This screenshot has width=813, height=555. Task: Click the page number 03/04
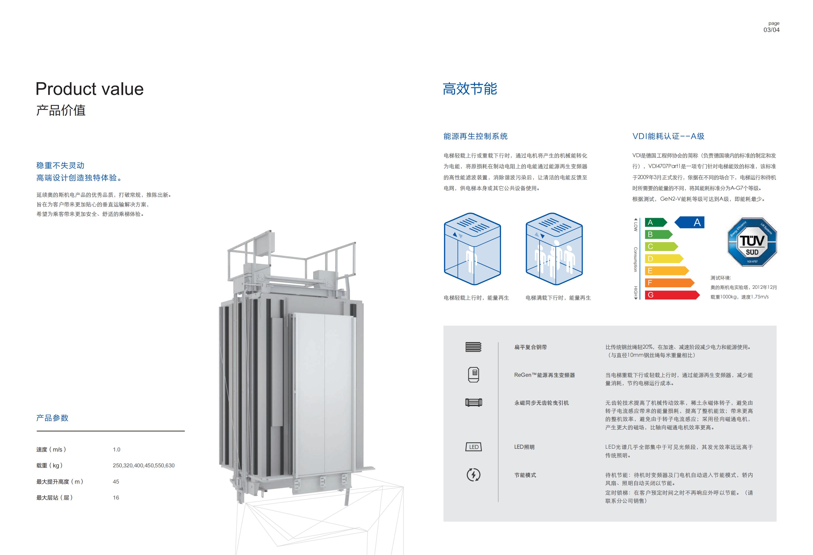click(771, 30)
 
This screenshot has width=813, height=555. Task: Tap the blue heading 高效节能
click(470, 89)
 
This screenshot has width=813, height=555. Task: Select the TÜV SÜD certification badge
click(752, 242)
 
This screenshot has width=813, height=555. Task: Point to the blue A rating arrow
click(689, 222)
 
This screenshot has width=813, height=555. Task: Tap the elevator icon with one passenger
click(472, 249)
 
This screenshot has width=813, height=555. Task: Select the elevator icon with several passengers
click(554, 249)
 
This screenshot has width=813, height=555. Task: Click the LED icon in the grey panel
click(474, 447)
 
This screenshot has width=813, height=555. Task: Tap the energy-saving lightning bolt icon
click(474, 475)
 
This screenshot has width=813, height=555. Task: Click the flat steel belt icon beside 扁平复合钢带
click(474, 347)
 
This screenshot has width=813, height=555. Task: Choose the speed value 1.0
click(117, 449)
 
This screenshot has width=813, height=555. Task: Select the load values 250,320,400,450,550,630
click(143, 466)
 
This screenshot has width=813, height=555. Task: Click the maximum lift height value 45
click(116, 482)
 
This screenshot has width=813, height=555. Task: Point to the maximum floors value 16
click(116, 498)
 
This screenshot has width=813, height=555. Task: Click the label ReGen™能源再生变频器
click(544, 375)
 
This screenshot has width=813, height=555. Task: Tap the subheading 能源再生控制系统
click(475, 136)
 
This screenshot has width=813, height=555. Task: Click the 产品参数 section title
click(52, 418)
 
